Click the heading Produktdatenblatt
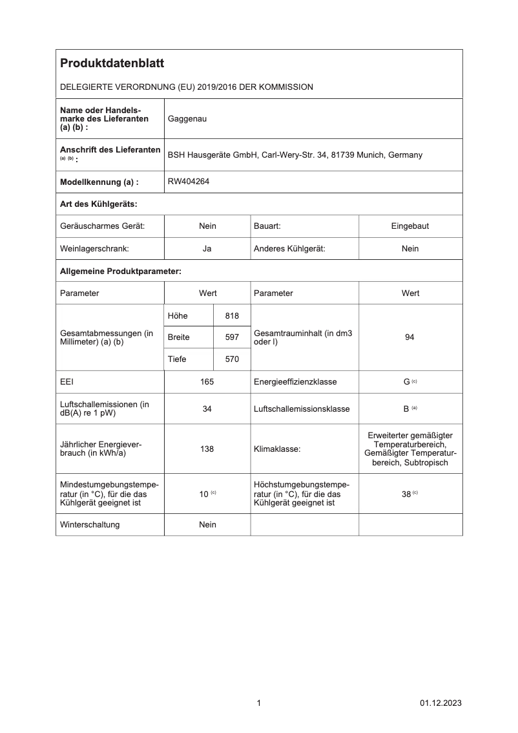[112, 63]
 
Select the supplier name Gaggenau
[187, 119]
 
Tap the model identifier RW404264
[189, 182]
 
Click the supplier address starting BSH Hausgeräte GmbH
[295, 155]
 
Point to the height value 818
[232, 315]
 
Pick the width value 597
[232, 337]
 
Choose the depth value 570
[232, 359]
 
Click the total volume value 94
[409, 337]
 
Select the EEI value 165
[207, 382]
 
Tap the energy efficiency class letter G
[406, 382]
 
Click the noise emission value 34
[207, 409]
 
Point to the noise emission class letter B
[406, 409]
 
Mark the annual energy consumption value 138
[207, 449]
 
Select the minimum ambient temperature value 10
[203, 494]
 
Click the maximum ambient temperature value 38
[406, 494]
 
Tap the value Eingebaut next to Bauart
[409, 226]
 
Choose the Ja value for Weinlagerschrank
[207, 248]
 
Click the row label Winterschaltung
[90, 525]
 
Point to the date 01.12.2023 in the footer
[440, 703]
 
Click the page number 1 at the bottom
[259, 703]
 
